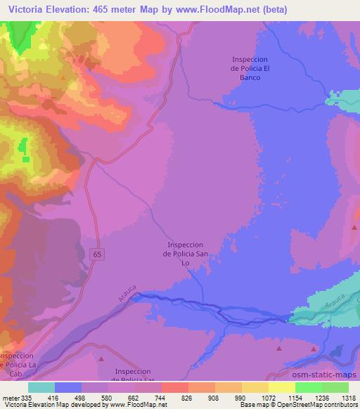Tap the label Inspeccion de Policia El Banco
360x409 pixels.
pos(251,69)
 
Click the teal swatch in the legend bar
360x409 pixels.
pos(41,387)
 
